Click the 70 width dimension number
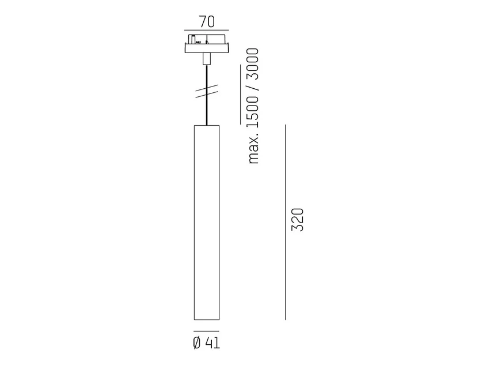pyautogui.click(x=206, y=22)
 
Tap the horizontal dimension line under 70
pyautogui.click(x=206, y=31)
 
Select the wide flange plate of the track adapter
pyautogui.click(x=207, y=48)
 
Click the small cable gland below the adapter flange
pyautogui.click(x=207, y=59)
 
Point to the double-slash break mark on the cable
pyautogui.click(x=207, y=91)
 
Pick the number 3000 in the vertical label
pyautogui.click(x=253, y=64)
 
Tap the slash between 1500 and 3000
pyautogui.click(x=253, y=88)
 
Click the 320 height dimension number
pyautogui.click(x=298, y=220)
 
